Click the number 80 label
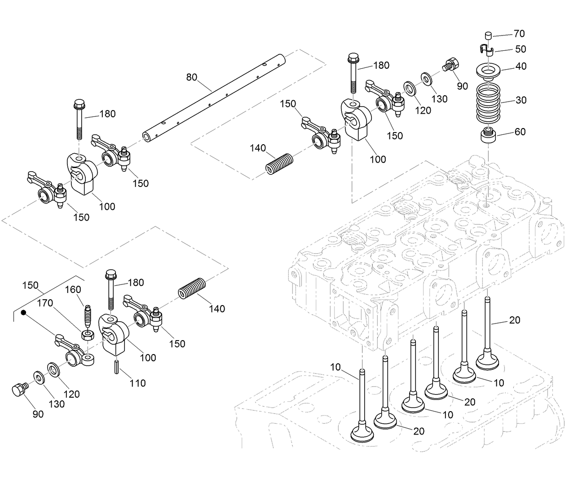tap(192, 77)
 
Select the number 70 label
tap(519, 34)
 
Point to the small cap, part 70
tap(489, 35)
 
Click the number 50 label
tap(521, 49)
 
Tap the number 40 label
tap(521, 67)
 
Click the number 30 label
tap(521, 100)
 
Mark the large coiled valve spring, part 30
tap(488, 102)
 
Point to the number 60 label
tap(520, 132)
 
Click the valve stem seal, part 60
tap(488, 135)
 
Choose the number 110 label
tap(138, 383)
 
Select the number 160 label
tap(73, 289)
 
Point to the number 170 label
tap(45, 303)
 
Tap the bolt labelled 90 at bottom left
tap(19, 390)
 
